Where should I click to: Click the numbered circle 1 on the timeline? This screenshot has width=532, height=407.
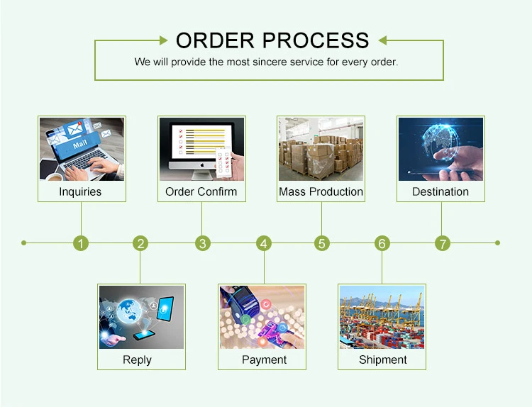(x=82, y=243)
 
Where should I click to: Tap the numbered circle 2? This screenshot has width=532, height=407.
(x=141, y=243)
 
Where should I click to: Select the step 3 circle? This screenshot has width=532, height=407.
(x=203, y=243)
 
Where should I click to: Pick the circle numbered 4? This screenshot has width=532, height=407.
(x=264, y=243)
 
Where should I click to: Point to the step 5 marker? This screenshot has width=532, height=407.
(x=322, y=243)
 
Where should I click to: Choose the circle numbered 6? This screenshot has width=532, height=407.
(x=382, y=243)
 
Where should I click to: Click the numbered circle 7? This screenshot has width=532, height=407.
(x=443, y=243)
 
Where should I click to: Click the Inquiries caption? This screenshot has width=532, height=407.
(x=80, y=191)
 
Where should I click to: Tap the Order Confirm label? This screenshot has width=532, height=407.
(x=201, y=191)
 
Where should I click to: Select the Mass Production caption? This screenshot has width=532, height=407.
(x=321, y=191)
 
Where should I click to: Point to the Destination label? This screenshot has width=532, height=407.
(x=440, y=191)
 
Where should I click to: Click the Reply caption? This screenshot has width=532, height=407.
(x=137, y=359)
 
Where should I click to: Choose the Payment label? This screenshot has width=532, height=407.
(x=264, y=359)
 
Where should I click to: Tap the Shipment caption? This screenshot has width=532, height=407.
(x=382, y=359)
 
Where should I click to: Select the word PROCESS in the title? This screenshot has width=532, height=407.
(x=315, y=40)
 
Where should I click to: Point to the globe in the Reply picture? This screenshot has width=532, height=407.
(x=133, y=311)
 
